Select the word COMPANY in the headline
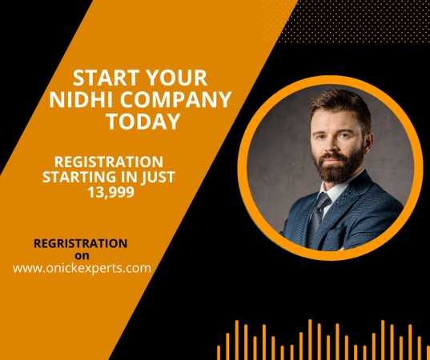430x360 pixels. click(176, 99)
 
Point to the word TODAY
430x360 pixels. click(143, 121)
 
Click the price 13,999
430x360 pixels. click(111, 192)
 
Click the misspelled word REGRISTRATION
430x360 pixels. click(80, 243)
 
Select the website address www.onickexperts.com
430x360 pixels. click(82, 268)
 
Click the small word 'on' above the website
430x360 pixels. click(82, 256)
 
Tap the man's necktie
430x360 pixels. click(319, 217)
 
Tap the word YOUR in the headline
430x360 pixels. click(177, 78)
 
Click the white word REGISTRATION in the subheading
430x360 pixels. click(109, 162)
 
